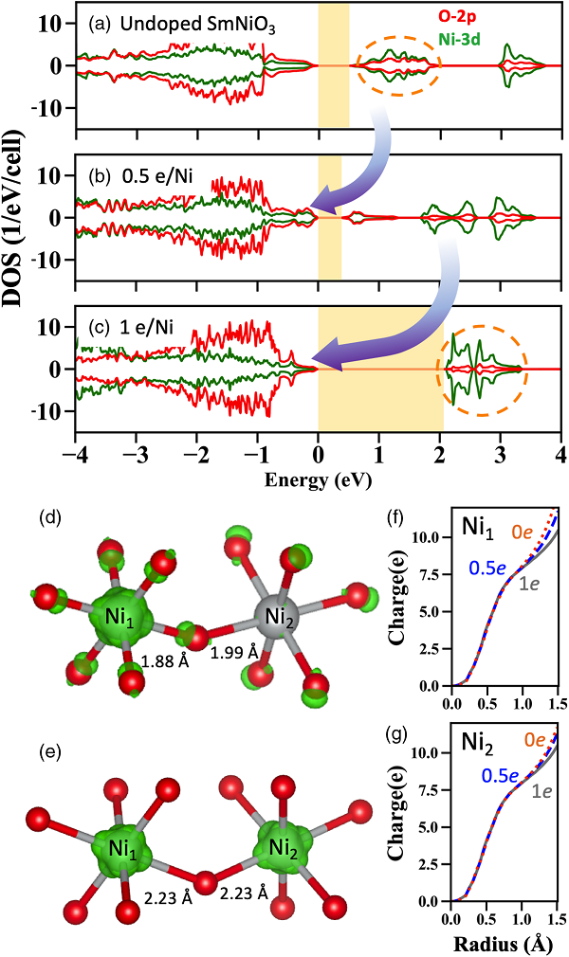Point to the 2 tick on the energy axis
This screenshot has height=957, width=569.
pos(442,457)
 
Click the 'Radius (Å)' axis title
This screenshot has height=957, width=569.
pos(502,945)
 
